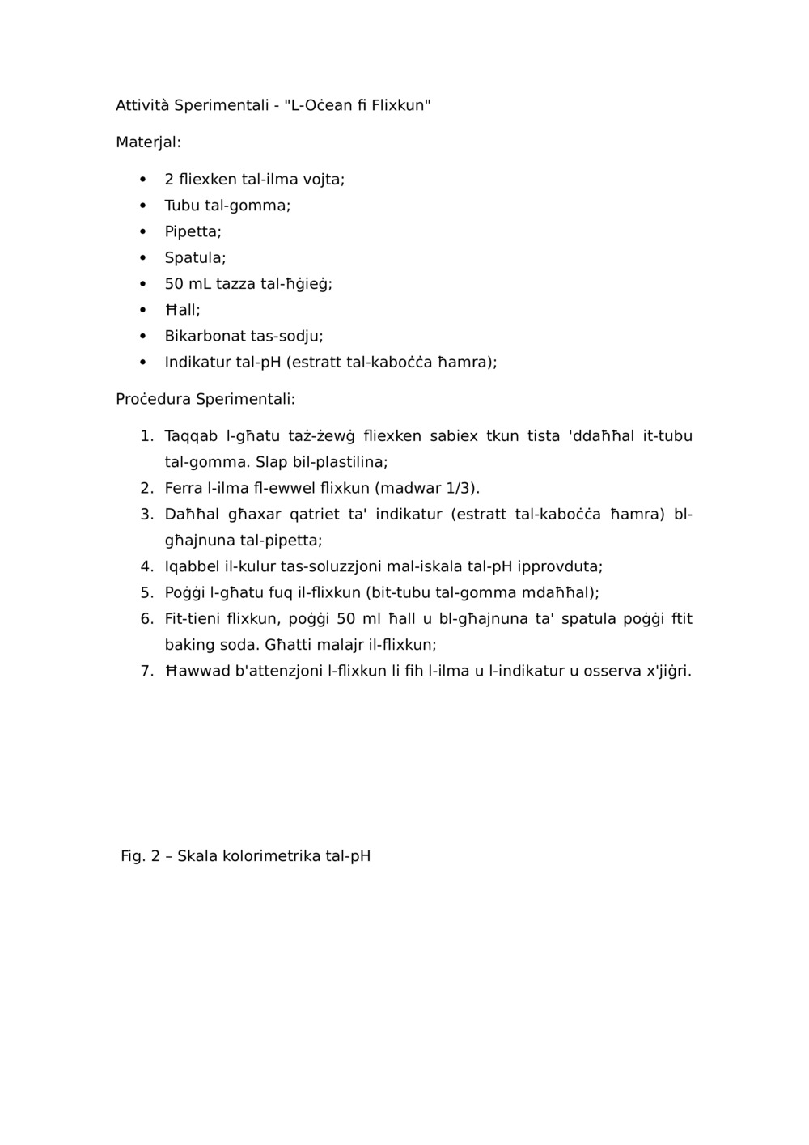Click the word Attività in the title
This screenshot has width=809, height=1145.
pyautogui.click(x=142, y=105)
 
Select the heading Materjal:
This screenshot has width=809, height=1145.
pyautogui.click(x=148, y=142)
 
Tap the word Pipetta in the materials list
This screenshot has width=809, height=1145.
pyautogui.click(x=191, y=231)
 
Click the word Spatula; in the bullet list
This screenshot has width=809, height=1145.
pyautogui.click(x=195, y=257)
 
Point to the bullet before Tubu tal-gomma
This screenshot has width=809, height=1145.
pyautogui.click(x=142, y=206)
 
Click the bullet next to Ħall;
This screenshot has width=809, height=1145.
pyautogui.click(x=142, y=310)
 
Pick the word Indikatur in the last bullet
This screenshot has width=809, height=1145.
pyautogui.click(x=197, y=362)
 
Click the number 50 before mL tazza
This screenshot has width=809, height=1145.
pyautogui.click(x=174, y=284)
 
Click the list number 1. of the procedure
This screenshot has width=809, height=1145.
pyautogui.click(x=146, y=436)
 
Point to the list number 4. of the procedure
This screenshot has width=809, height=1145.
pyautogui.click(x=146, y=566)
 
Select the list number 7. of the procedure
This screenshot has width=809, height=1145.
pyautogui.click(x=146, y=671)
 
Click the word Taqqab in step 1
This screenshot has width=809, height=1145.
pyautogui.click(x=191, y=436)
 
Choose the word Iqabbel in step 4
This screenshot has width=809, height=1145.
pyautogui.click(x=191, y=566)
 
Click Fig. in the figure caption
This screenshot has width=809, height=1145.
pyautogui.click(x=133, y=856)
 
